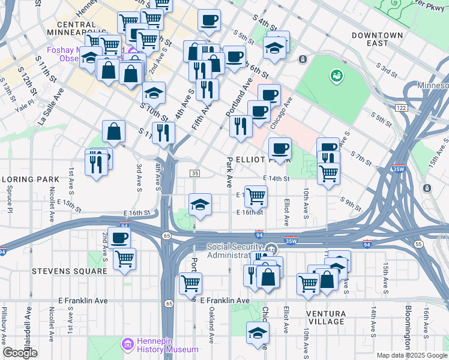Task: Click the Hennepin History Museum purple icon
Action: pyautogui.click(x=127, y=344)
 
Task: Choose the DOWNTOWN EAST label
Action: pyautogui.click(x=377, y=40)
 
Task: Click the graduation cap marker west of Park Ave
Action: pyautogui.click(x=200, y=205)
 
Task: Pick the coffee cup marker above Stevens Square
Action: pyautogui.click(x=119, y=238)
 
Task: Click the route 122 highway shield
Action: pyautogui.click(x=400, y=106)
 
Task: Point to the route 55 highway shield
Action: pyautogui.click(x=418, y=244)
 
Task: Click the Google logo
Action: pyautogui.click(x=20, y=353)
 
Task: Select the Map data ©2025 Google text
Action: pyautogui.click(x=411, y=355)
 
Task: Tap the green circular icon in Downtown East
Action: pyautogui.click(x=336, y=76)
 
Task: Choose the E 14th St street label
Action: pyautogui.click(x=276, y=179)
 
